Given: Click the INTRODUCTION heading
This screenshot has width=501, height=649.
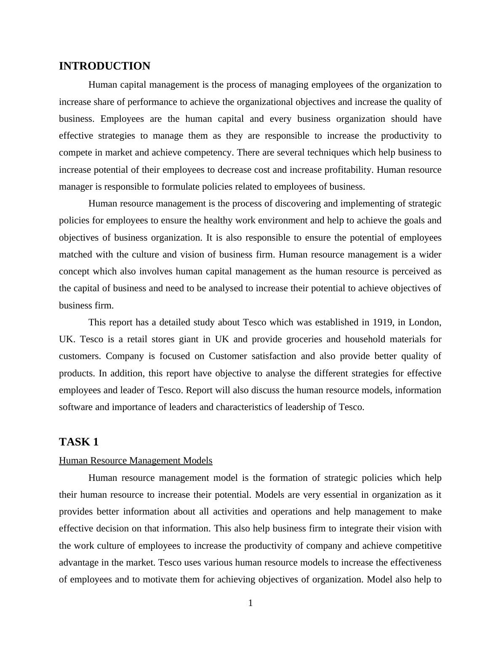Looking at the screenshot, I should [x=104, y=66].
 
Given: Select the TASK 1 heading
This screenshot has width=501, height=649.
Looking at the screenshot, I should [x=79, y=442].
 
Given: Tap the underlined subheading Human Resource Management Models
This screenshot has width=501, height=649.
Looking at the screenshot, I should [x=136, y=460].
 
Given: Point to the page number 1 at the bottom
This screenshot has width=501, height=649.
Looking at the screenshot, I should [x=250, y=603].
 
